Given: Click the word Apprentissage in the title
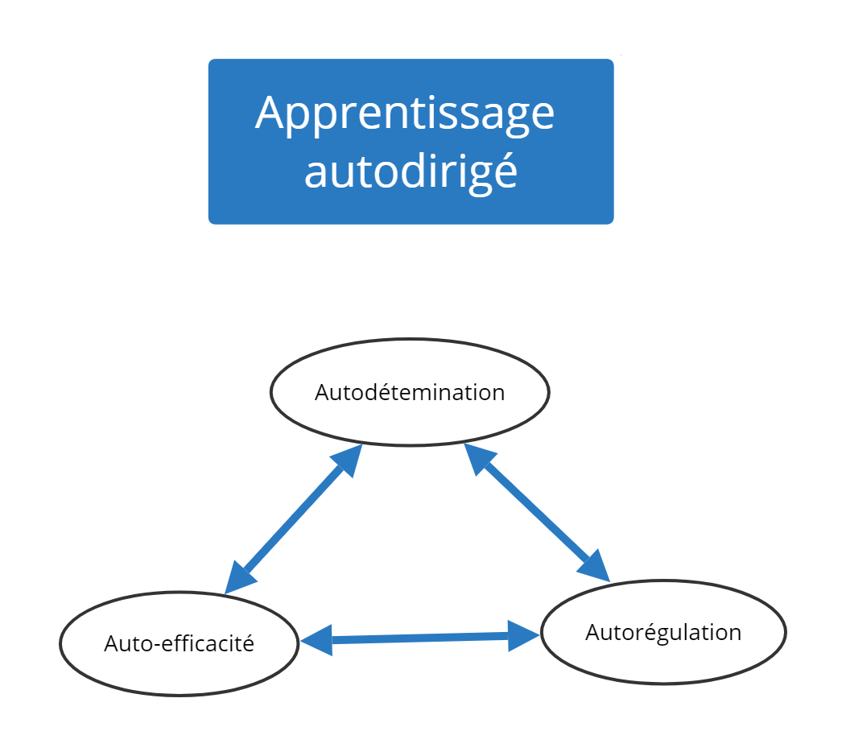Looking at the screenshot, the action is (405, 114).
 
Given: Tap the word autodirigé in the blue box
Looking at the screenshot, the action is (411, 171).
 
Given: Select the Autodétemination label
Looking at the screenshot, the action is (410, 392).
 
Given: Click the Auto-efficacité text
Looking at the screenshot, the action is (180, 642).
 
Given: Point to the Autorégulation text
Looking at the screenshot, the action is (663, 633).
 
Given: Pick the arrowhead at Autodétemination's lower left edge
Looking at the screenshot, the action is (348, 459).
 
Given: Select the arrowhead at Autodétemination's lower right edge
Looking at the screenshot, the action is (479, 457).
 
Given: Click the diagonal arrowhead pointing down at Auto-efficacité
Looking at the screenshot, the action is (238, 578).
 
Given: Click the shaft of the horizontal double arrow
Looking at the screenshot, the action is (420, 638).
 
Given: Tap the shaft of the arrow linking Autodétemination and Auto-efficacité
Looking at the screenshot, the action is (294, 519).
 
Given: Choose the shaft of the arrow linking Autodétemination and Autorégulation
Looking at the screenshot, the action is (537, 512).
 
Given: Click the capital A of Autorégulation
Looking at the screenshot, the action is (593, 632).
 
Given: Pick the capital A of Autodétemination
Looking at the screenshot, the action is (323, 392).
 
